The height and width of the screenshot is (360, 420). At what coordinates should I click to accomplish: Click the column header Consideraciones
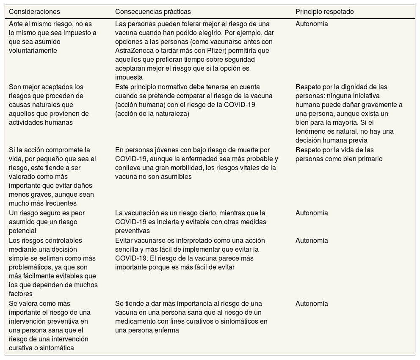point(35,11)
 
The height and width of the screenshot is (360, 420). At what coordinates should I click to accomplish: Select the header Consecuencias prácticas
point(153,11)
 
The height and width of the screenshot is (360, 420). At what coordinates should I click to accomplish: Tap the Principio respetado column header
point(324,11)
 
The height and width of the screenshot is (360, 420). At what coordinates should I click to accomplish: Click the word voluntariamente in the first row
point(33,51)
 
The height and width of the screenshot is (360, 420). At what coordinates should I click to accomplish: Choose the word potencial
point(22,231)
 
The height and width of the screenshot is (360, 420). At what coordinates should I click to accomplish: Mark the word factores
point(21,294)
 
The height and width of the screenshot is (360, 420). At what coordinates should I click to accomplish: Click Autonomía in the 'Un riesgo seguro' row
point(312,213)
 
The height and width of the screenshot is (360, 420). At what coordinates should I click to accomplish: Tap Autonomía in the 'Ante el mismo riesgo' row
point(312,24)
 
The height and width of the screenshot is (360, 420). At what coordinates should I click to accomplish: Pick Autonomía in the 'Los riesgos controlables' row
point(312,241)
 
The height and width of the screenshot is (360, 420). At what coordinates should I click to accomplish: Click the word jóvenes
point(159,150)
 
